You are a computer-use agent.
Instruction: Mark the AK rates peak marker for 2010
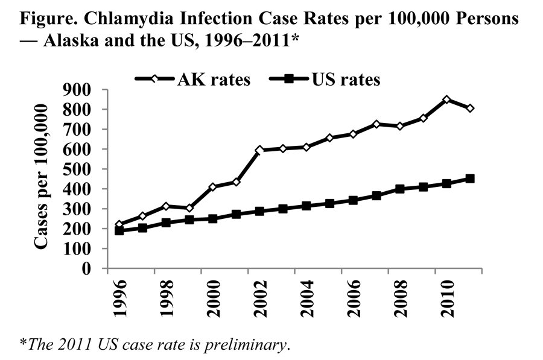[x=446, y=99]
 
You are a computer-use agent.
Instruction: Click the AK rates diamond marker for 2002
[x=259, y=150]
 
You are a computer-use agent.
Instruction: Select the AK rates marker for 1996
[x=119, y=224]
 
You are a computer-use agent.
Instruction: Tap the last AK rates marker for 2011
[x=470, y=109]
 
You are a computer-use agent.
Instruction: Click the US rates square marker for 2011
[x=470, y=178]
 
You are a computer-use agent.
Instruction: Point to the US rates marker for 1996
[x=119, y=230]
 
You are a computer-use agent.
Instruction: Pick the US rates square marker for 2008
[x=399, y=189]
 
